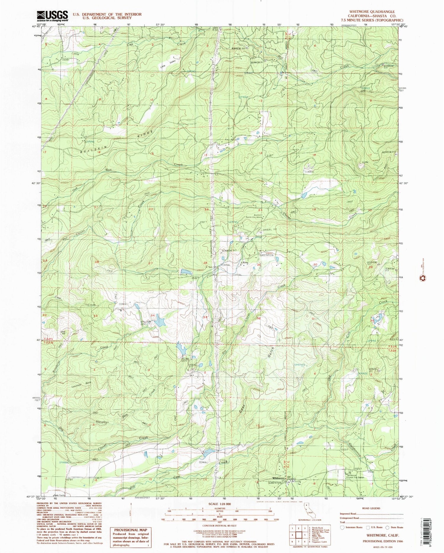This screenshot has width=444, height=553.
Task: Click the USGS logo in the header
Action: click(x=52, y=15)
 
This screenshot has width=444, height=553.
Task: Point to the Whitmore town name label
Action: click(x=278, y=487)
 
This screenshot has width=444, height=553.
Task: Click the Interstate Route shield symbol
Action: click(x=343, y=528)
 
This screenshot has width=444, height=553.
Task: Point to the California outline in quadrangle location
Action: click(x=309, y=508)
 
